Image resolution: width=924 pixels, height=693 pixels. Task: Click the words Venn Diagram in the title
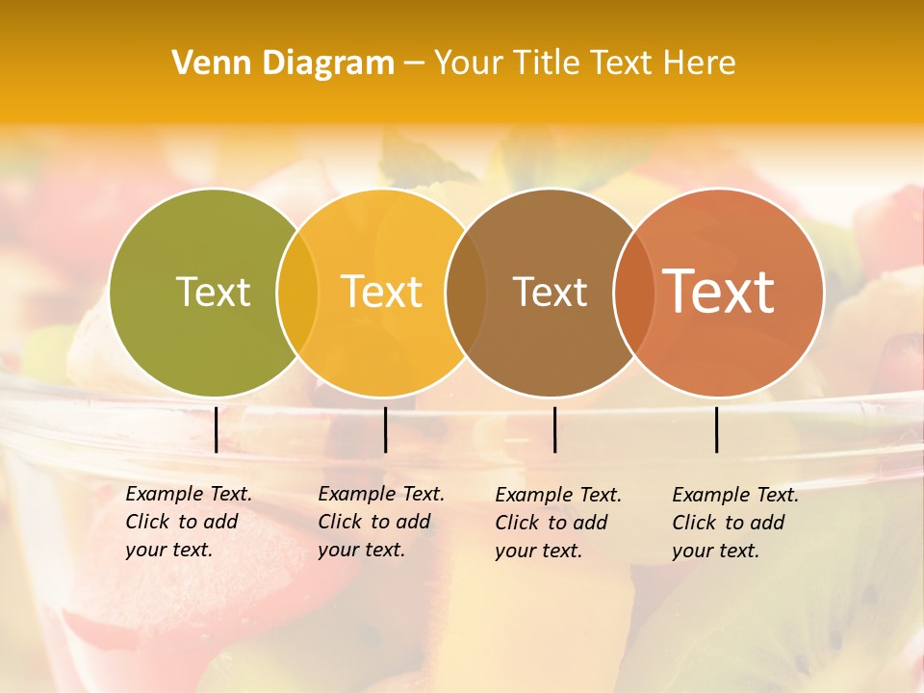(x=283, y=64)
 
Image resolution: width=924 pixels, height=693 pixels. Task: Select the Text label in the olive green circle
(x=213, y=292)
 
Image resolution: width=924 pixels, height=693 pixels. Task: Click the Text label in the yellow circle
(x=382, y=292)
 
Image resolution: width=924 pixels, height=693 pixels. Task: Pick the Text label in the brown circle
(x=550, y=292)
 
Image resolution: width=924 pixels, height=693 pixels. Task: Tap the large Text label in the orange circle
(x=718, y=292)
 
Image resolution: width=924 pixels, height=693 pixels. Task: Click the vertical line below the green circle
(x=216, y=429)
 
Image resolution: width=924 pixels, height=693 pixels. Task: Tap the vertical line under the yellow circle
(x=385, y=429)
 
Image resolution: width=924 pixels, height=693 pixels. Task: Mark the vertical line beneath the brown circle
(x=554, y=429)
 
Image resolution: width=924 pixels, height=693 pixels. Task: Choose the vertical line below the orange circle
(x=717, y=429)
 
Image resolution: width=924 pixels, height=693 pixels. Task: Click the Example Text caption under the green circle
(x=189, y=495)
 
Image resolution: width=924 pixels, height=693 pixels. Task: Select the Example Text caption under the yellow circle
(x=381, y=495)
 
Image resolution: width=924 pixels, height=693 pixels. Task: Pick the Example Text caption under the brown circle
(x=558, y=496)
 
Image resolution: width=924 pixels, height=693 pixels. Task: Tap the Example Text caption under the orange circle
(x=735, y=496)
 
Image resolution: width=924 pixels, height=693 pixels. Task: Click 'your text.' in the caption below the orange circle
(x=715, y=551)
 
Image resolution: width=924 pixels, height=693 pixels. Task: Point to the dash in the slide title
(x=413, y=64)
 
